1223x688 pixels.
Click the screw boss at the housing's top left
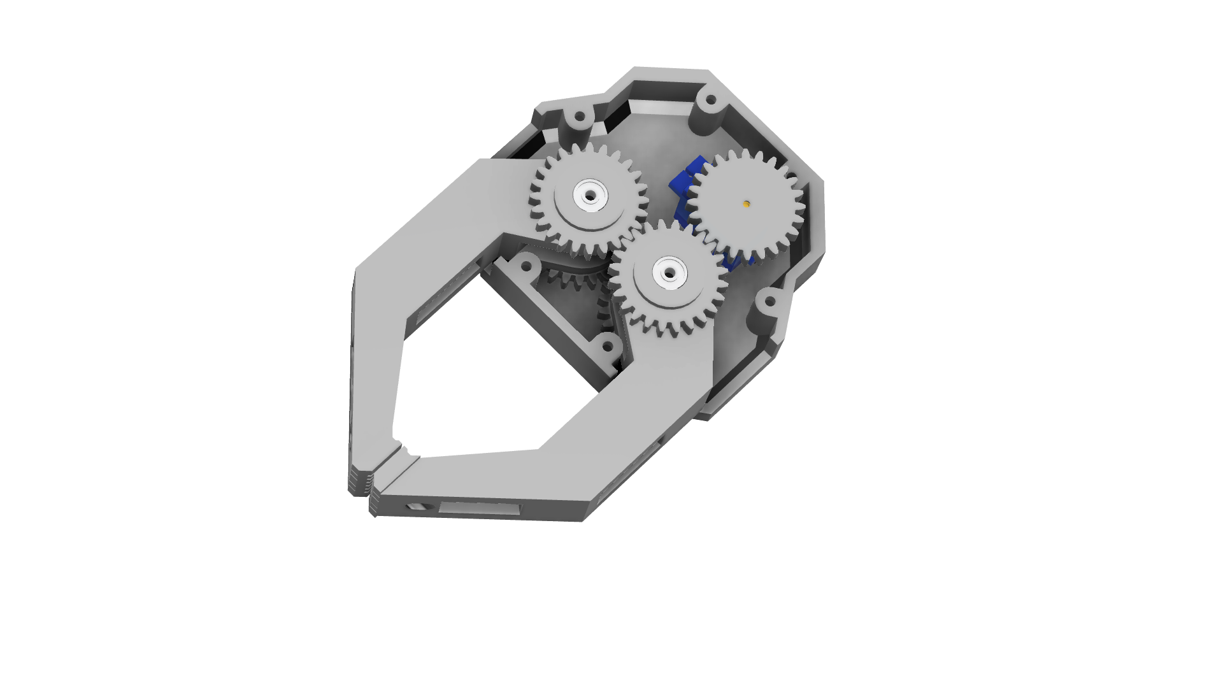tap(580, 118)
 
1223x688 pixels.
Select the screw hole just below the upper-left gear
tap(527, 266)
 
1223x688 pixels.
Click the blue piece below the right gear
tap(739, 260)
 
